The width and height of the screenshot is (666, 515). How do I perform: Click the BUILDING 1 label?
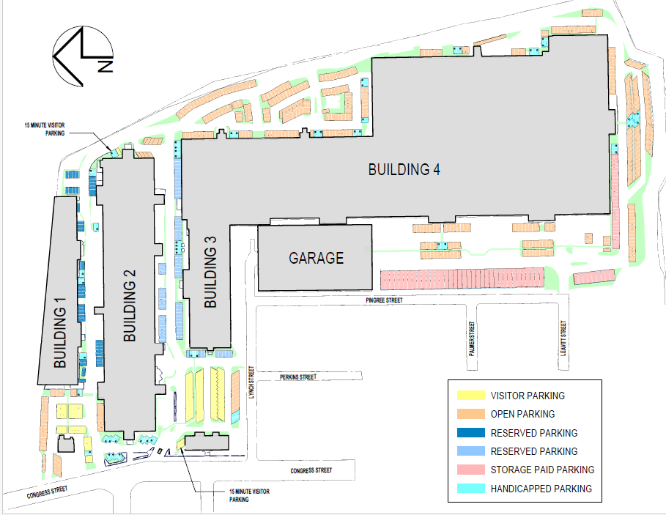[60, 333]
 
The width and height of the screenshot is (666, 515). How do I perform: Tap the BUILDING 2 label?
[130, 305]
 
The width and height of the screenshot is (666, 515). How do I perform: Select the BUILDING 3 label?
[210, 272]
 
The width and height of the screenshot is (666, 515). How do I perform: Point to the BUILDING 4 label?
[404, 169]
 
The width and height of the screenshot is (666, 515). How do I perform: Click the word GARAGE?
[317, 258]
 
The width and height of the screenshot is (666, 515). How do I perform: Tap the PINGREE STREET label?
[384, 300]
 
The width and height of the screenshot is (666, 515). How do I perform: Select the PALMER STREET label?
[471, 338]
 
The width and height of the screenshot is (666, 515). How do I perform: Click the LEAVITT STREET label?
[563, 338]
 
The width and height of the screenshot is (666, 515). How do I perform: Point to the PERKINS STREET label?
[298, 377]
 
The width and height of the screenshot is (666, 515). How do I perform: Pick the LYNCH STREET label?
[251, 382]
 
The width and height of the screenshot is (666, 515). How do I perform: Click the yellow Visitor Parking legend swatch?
[471, 396]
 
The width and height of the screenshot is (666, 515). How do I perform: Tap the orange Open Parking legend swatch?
[471, 414]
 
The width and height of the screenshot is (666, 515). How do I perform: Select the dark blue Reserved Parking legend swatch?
[471, 433]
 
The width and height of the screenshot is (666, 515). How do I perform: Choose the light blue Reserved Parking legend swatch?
[471, 451]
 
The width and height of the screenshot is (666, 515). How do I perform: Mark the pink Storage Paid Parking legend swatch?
[471, 470]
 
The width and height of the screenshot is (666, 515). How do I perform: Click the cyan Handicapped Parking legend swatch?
[471, 488]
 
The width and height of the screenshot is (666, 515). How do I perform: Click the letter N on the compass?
[106, 66]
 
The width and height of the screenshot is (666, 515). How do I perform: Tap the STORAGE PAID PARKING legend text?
[542, 470]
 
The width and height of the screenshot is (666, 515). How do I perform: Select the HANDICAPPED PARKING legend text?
[541, 489]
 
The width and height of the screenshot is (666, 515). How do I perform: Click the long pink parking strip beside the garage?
[462, 278]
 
